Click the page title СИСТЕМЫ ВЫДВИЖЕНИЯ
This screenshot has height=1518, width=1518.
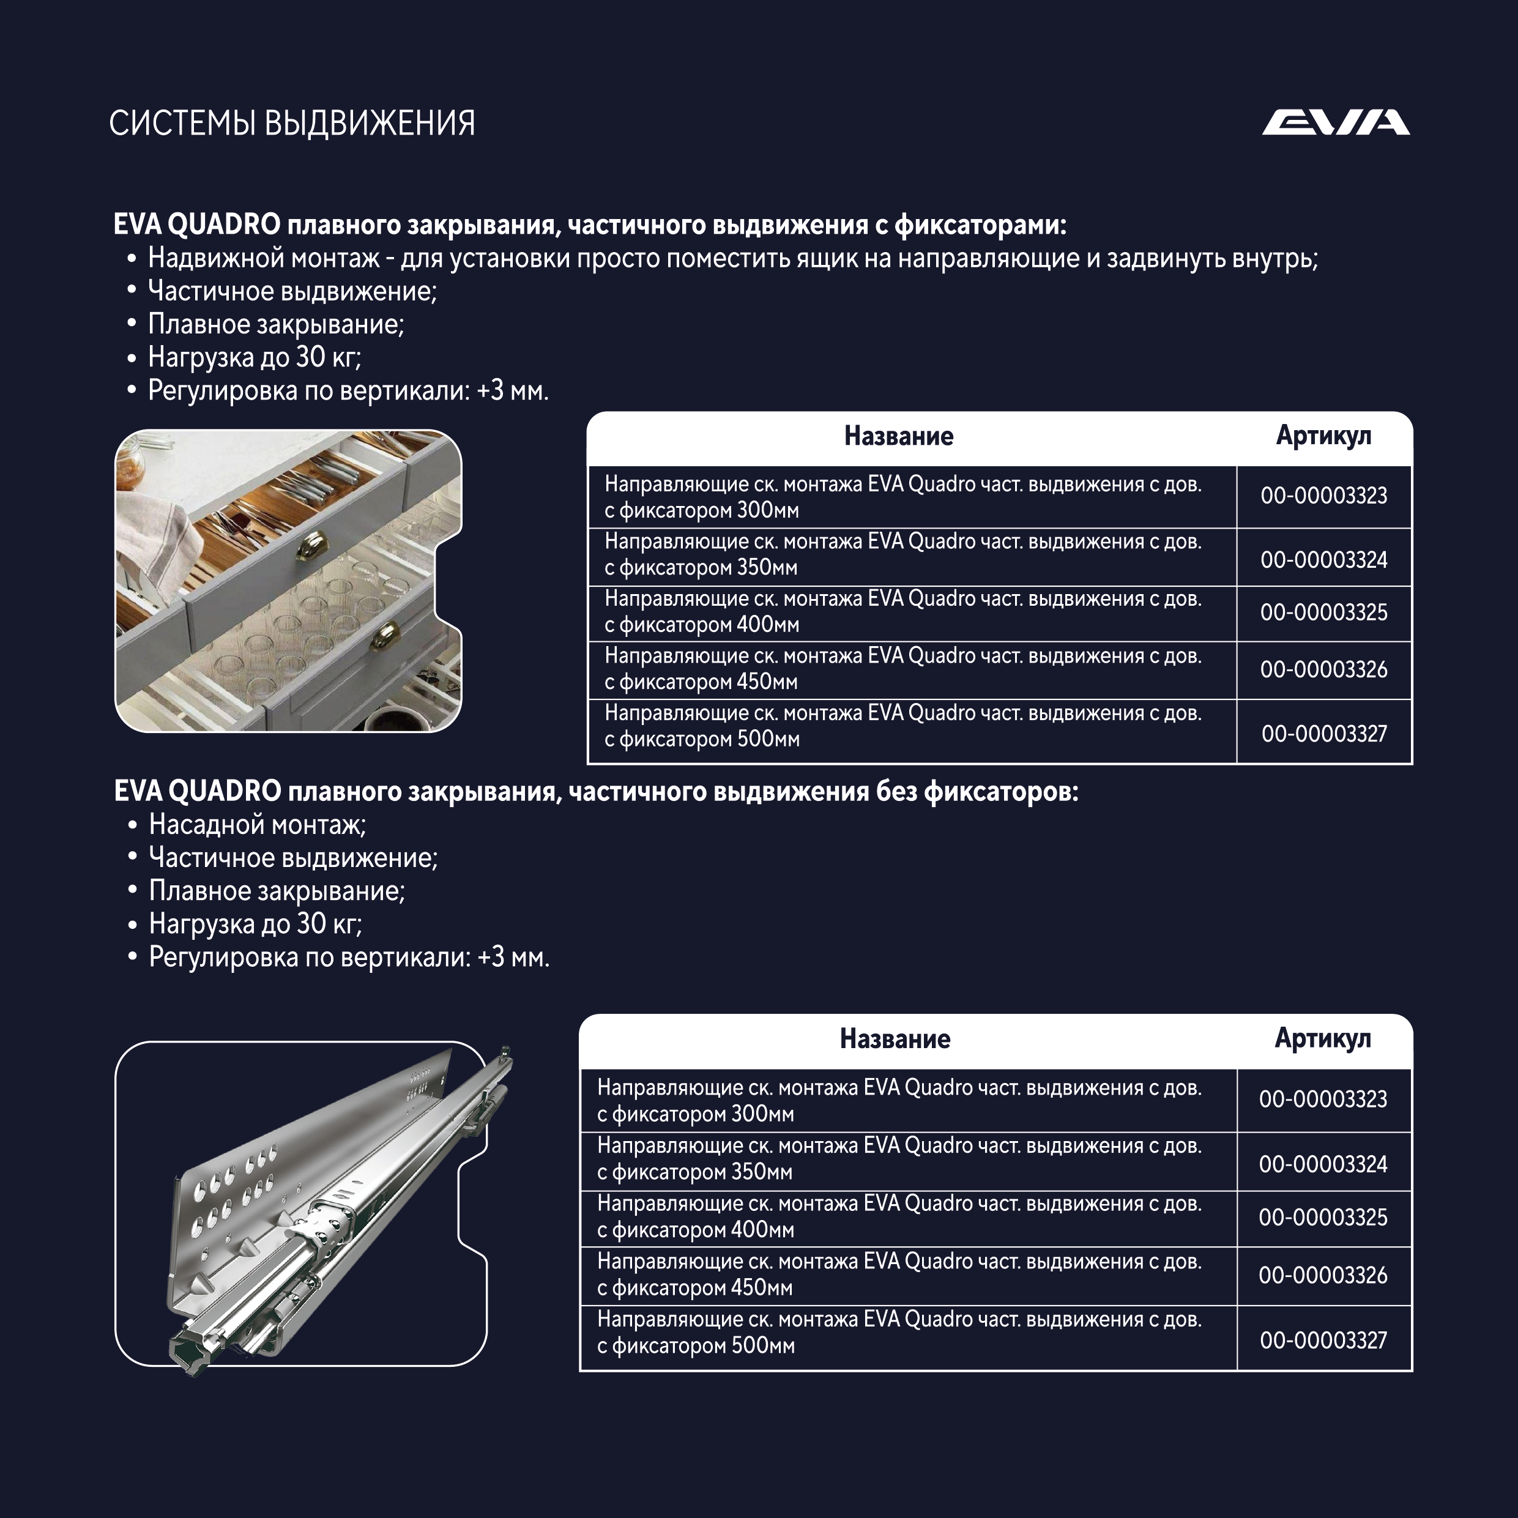291,124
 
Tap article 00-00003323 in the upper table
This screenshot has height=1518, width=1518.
1323,496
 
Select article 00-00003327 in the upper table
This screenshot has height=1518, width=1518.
1323,734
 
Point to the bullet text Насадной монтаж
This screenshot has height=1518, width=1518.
257,824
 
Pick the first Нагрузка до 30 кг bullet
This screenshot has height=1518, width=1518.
254,357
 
